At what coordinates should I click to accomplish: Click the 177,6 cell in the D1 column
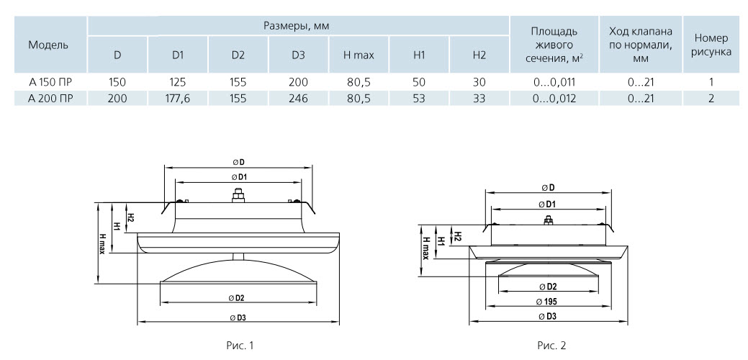[178, 99]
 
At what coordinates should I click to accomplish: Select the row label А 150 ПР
[50, 82]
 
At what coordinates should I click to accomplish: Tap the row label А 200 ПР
[50, 99]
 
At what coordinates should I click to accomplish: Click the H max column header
[359, 55]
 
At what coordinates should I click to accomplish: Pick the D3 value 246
[298, 99]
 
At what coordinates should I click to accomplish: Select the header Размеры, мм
[297, 26]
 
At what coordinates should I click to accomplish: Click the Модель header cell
[48, 45]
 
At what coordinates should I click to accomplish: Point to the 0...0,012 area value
[554, 99]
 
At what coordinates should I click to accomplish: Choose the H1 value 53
[419, 99]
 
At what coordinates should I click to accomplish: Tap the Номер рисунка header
[711, 45]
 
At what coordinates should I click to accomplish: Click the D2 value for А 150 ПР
[238, 82]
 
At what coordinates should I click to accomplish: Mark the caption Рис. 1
[238, 345]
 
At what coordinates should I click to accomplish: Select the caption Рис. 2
[551, 345]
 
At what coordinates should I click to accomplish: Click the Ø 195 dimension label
[549, 302]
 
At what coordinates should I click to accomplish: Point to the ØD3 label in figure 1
[239, 318]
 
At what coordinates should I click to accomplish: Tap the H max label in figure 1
[102, 243]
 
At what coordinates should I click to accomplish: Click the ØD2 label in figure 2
[549, 287]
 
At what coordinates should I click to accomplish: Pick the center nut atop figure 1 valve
[238, 196]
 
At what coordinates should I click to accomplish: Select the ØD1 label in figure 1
[239, 177]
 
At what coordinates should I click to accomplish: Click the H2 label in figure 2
[457, 235]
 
